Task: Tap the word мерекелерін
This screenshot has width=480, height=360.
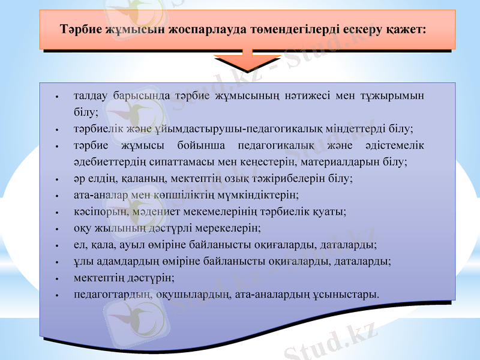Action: click(230, 229)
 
